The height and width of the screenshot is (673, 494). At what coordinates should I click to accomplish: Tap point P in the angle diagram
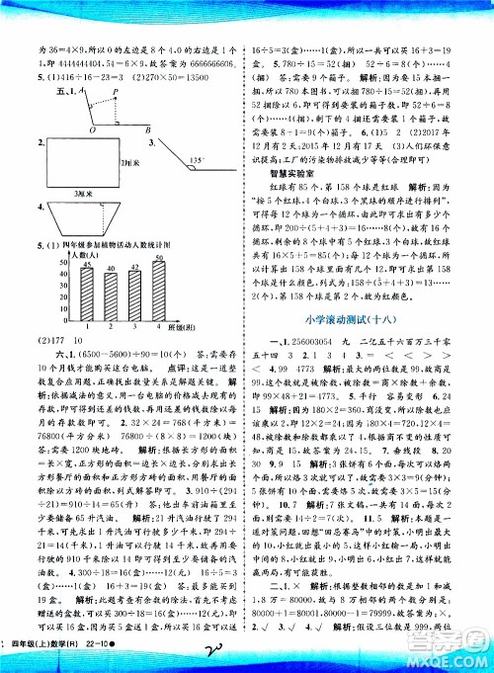pyautogui.click(x=117, y=87)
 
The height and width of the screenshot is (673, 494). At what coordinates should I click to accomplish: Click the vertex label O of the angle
pyautogui.click(x=91, y=128)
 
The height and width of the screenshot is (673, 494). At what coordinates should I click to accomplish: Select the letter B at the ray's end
pyautogui.click(x=148, y=128)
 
